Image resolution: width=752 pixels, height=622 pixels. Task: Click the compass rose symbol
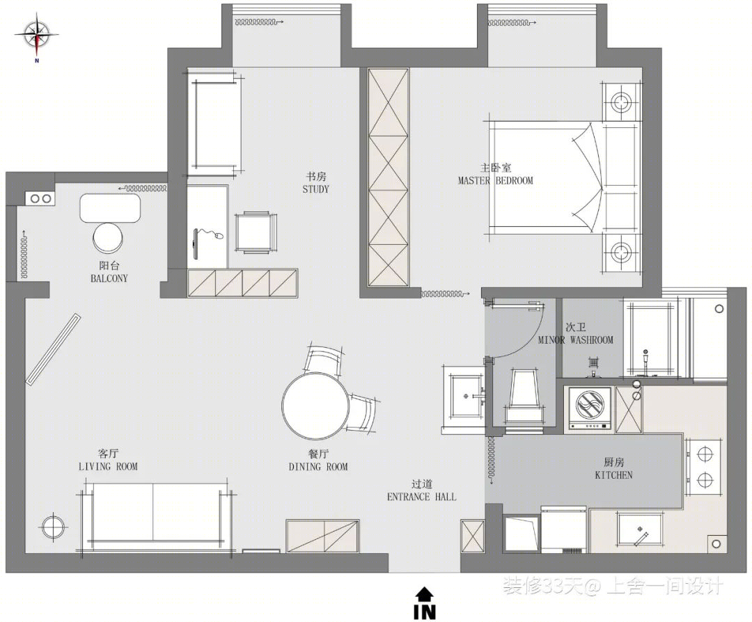(37, 36)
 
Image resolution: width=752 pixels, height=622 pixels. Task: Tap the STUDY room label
(315, 189)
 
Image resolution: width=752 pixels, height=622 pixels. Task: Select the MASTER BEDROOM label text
(496, 181)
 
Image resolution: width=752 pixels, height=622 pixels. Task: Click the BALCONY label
(109, 278)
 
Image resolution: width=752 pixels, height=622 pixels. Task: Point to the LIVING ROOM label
(108, 466)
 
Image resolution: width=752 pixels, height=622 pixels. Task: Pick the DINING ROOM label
(318, 466)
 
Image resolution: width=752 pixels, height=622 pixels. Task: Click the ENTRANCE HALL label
(421, 497)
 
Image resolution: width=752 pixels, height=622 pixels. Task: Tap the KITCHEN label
(613, 475)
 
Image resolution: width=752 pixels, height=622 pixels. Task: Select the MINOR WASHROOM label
(576, 340)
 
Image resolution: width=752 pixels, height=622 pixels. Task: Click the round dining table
(316, 406)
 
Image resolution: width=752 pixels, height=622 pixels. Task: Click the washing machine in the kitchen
(590, 407)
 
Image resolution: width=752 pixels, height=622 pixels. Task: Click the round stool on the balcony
(108, 238)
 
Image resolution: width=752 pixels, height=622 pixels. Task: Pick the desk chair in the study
(256, 232)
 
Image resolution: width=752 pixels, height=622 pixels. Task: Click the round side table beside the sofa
(53, 527)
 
